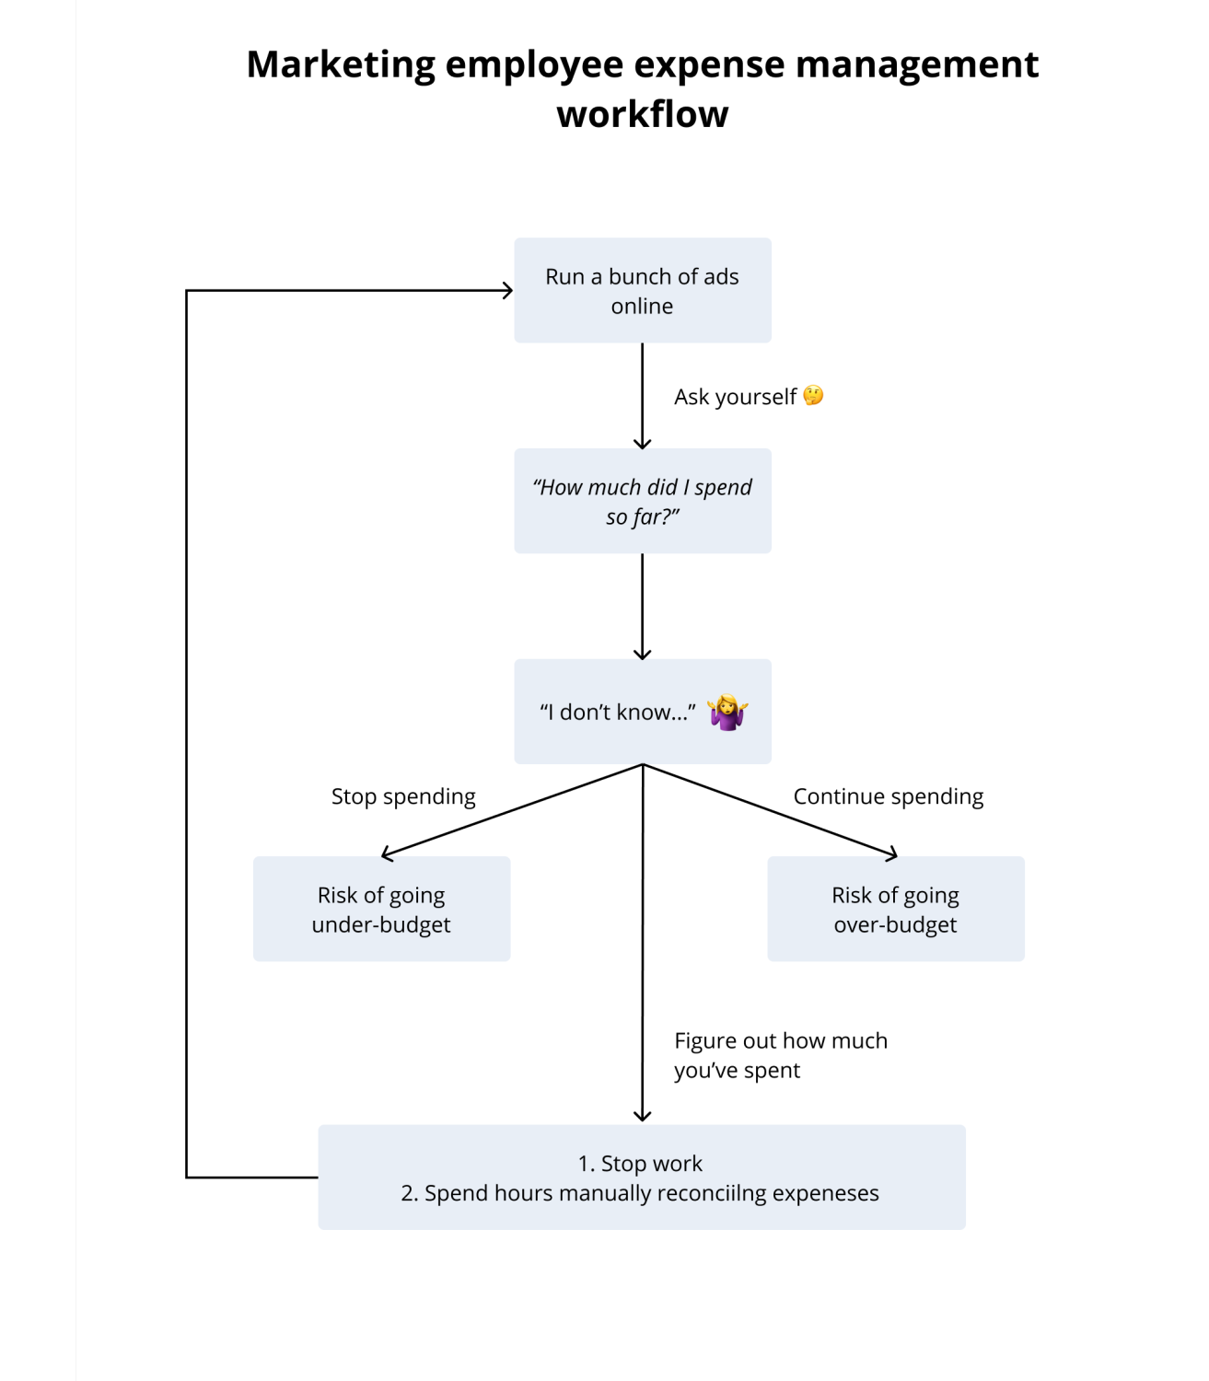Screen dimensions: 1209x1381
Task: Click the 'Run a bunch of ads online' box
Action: pos(642,290)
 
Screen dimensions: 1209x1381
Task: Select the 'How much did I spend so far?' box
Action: pos(642,501)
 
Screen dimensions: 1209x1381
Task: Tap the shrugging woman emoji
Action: pos(727,712)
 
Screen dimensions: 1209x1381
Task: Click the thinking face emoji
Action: pos(813,396)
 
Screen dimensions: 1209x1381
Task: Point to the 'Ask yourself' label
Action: pos(735,397)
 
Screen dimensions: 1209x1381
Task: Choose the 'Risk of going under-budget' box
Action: pos(381,909)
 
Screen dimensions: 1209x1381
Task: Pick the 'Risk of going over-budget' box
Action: pos(896,909)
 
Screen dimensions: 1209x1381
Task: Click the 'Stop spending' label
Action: pos(403,796)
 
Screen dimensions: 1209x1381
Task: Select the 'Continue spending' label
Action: pos(889,796)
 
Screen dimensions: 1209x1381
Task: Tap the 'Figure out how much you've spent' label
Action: pos(780,1055)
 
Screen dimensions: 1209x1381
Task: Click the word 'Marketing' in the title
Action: pos(341,65)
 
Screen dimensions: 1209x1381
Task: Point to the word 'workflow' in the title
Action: pos(642,113)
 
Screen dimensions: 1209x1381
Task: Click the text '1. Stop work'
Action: pos(640,1163)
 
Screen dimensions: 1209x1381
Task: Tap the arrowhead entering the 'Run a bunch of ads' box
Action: pos(507,291)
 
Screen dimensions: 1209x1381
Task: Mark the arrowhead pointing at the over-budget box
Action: pos(891,853)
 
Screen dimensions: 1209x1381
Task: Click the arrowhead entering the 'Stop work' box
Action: pos(642,1116)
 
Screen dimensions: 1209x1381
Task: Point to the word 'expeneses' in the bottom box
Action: pos(826,1194)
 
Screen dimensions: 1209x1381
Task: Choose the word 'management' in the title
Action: pos(917,65)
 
